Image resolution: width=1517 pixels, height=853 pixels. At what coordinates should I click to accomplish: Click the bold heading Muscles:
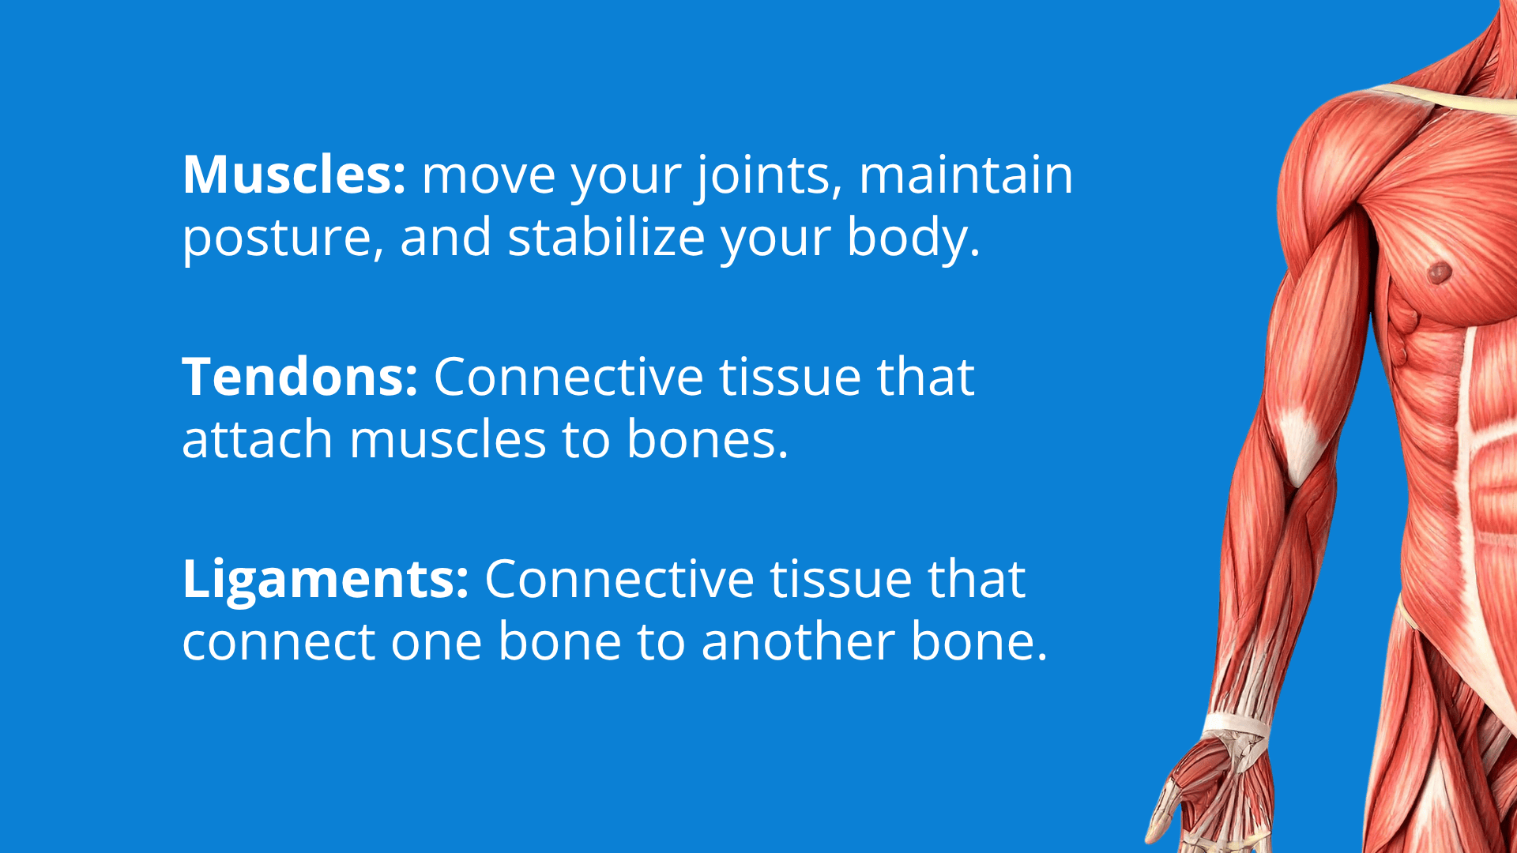tap(294, 175)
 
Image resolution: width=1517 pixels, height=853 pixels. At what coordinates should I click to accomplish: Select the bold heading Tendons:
tap(300, 377)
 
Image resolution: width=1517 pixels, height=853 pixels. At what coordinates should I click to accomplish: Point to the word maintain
tap(966, 175)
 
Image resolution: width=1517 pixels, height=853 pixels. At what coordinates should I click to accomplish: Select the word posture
tap(283, 239)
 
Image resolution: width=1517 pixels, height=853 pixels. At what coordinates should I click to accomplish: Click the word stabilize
tap(606, 237)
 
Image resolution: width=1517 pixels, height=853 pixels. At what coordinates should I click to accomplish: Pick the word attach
tap(258, 439)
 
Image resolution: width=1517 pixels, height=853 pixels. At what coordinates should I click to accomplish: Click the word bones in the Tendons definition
tap(707, 439)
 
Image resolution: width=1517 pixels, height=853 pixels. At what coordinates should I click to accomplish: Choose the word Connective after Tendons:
tap(568, 377)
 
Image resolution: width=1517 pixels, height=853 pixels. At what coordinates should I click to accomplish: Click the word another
tap(798, 642)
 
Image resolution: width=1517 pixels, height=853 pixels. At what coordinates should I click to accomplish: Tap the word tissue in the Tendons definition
tap(789, 377)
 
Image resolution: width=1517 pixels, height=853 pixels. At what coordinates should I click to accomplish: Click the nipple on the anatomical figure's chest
tap(1439, 273)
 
